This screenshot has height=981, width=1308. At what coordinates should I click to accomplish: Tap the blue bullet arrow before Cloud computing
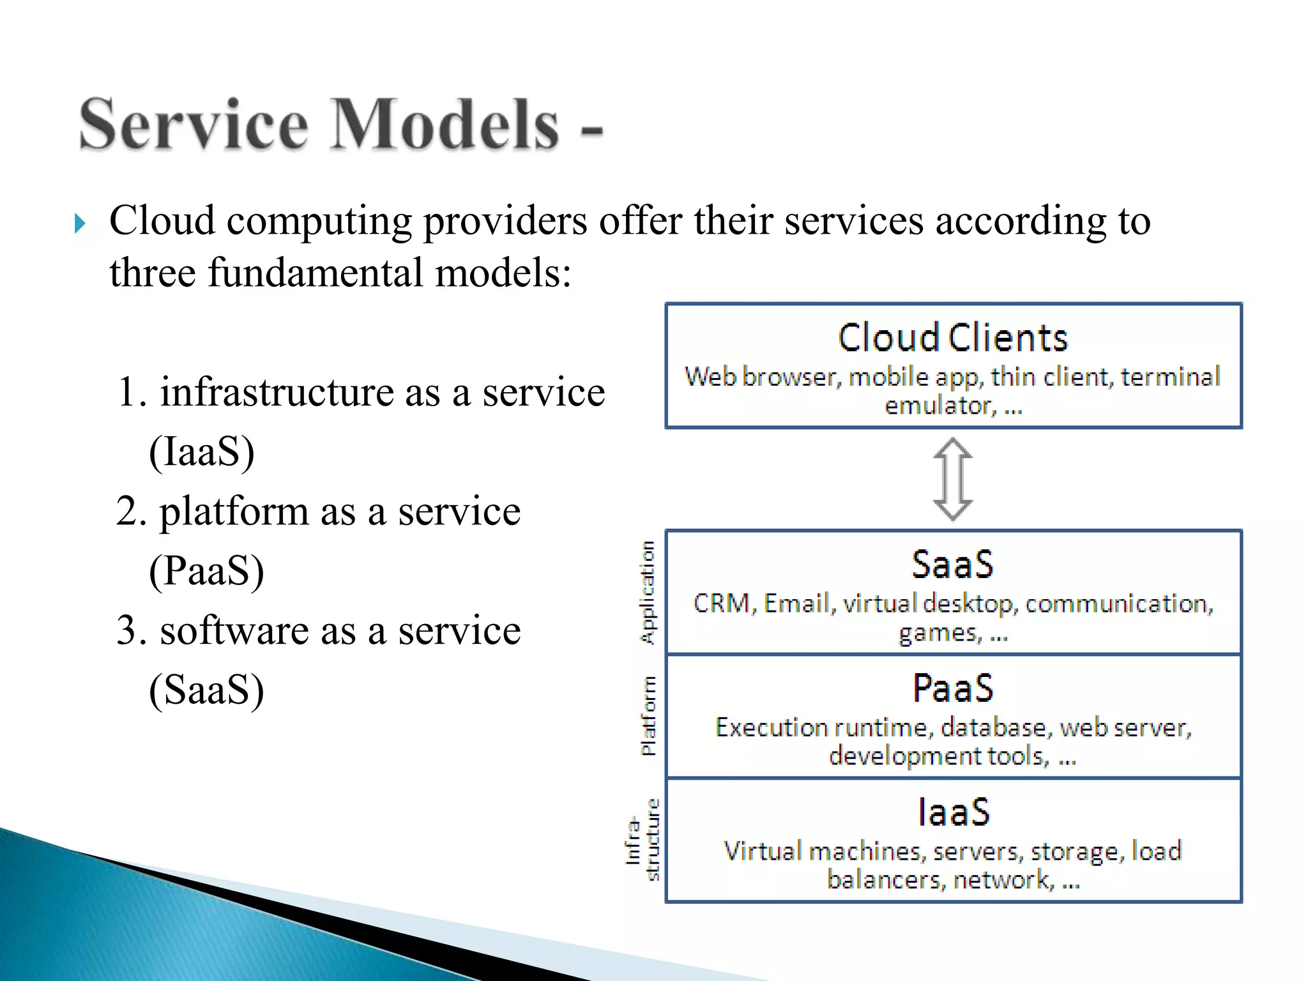tap(80, 224)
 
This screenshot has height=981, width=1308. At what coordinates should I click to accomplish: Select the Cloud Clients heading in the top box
tap(952, 338)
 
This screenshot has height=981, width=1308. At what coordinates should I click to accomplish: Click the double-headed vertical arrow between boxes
tap(952, 479)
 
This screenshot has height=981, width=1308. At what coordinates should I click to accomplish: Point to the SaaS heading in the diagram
tap(952, 565)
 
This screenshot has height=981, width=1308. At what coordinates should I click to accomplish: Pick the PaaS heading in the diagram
tap(952, 688)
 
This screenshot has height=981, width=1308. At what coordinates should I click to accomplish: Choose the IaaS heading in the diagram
tap(954, 812)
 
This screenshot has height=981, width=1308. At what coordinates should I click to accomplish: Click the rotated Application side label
tap(648, 593)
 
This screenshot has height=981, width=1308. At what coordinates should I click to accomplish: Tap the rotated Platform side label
tap(648, 716)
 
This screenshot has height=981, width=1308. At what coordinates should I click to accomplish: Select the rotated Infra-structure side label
tap(643, 840)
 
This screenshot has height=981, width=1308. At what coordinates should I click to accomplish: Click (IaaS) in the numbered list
tap(202, 452)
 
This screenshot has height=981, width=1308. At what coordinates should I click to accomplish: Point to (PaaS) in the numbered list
tap(206, 570)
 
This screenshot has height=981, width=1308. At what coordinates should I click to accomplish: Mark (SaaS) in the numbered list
tap(206, 690)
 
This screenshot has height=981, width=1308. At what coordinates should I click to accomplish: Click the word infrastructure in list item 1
tap(277, 392)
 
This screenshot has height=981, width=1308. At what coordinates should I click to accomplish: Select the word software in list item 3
tap(234, 631)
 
